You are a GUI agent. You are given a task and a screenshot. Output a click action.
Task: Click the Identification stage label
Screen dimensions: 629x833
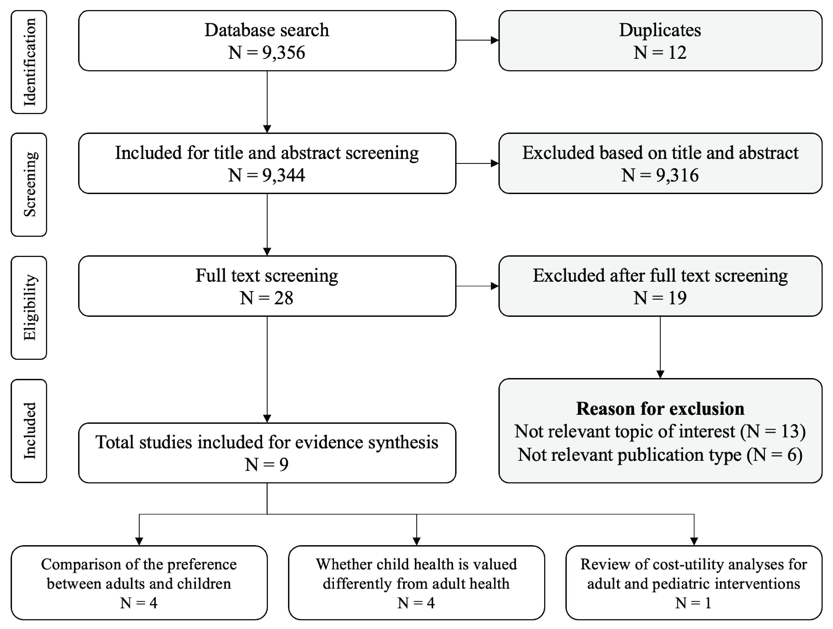(x=29, y=62)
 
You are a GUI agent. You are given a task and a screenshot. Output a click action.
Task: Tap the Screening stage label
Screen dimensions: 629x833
(x=29, y=185)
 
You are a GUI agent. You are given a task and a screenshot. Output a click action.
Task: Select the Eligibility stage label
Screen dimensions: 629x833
(x=29, y=308)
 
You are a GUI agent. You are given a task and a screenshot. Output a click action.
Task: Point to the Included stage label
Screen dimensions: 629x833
(x=29, y=431)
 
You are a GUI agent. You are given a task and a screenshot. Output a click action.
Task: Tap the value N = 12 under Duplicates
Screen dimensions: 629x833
(x=660, y=52)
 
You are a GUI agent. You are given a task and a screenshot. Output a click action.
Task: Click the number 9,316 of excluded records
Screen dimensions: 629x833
(x=677, y=175)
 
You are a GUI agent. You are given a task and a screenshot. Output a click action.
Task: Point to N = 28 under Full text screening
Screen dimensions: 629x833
(x=267, y=298)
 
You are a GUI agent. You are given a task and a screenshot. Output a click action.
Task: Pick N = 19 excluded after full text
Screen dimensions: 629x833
(x=660, y=298)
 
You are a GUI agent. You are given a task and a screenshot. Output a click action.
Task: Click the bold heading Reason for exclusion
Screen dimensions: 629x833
(x=660, y=409)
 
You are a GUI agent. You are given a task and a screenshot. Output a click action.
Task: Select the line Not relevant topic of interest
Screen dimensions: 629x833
(x=660, y=431)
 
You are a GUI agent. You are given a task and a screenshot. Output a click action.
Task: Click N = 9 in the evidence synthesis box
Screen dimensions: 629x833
(x=267, y=464)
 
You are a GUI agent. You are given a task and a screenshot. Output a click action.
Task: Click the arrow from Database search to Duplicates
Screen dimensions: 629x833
(x=477, y=40)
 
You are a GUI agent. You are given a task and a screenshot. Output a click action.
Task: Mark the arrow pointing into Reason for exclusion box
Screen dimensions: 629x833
(x=660, y=373)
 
